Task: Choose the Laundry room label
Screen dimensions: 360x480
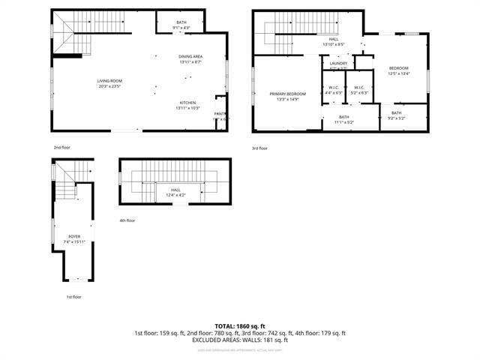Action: (x=338, y=64)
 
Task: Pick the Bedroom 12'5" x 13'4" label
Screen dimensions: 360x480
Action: (x=398, y=71)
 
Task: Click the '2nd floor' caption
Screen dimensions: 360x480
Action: (x=62, y=148)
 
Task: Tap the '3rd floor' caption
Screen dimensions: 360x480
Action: (x=260, y=148)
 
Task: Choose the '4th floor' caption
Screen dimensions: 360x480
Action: (x=127, y=220)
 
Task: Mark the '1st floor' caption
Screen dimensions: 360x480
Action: (x=73, y=296)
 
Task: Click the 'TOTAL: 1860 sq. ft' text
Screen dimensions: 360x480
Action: (x=239, y=326)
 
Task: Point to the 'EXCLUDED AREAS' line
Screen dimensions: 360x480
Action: (x=239, y=340)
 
